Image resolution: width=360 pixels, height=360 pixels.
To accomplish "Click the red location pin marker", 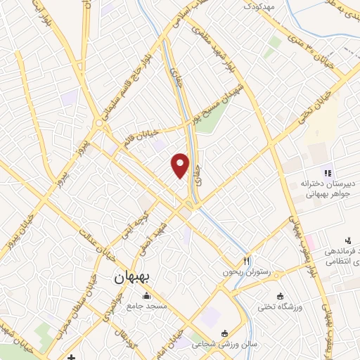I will tap(181, 165).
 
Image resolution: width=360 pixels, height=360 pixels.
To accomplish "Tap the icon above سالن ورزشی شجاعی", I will tap(224, 333).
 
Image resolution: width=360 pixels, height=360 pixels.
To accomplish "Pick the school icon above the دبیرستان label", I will tap(326, 170).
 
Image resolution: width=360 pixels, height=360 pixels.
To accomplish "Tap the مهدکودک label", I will tap(259, 6).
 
